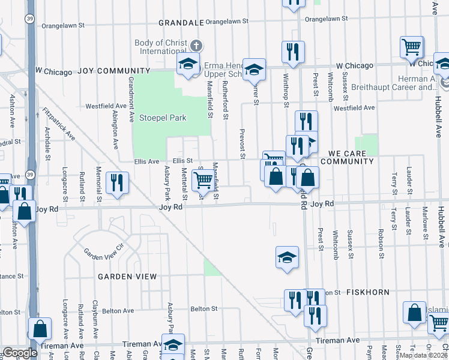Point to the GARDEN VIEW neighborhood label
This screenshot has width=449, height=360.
tap(128, 277)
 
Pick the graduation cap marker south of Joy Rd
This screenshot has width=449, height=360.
tap(287, 257)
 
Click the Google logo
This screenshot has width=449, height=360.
tap(20, 353)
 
